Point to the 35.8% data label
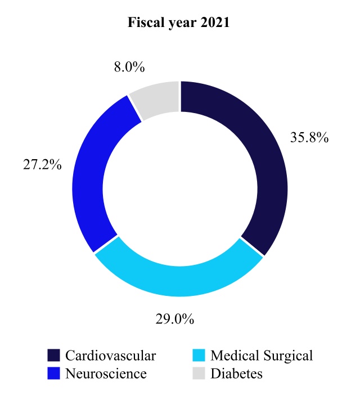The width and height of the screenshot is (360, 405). [309, 138]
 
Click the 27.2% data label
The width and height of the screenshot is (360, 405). [43, 167]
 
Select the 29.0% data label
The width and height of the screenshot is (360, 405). [174, 319]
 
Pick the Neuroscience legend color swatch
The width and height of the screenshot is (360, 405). [53, 372]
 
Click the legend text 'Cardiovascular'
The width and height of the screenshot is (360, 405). [110, 356]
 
